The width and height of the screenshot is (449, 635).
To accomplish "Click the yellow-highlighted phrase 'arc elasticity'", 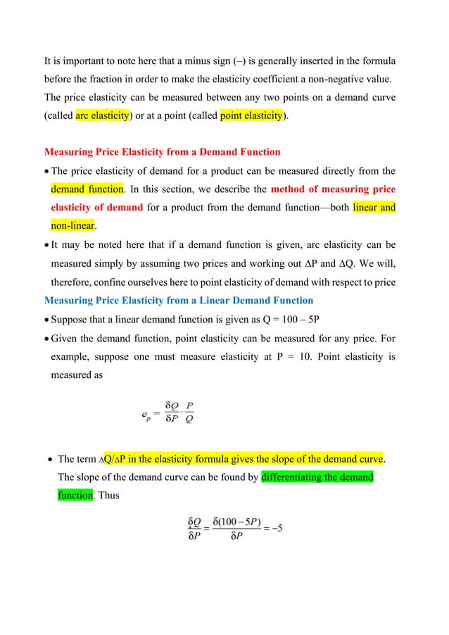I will [x=102, y=115].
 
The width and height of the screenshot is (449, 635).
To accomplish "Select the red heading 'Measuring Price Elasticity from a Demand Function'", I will [x=162, y=151].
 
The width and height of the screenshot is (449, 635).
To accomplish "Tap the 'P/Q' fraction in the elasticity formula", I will [x=190, y=413].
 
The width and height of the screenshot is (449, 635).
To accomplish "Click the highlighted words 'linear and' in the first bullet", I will [x=374, y=208].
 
